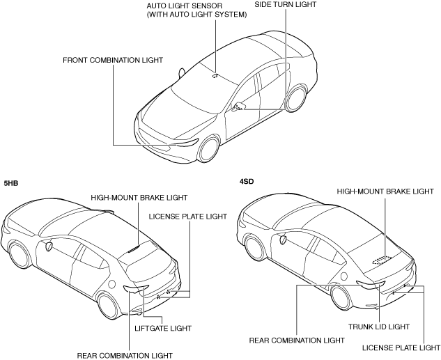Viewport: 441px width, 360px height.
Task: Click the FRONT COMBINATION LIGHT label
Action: coord(112,61)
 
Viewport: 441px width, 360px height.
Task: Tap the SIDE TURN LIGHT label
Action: coord(285,5)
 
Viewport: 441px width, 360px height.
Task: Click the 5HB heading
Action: coord(11,183)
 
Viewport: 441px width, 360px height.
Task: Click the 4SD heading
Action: coord(246,182)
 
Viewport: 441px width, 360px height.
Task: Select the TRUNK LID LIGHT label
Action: coord(378,326)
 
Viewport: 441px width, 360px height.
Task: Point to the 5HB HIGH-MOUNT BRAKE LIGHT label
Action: coord(139,198)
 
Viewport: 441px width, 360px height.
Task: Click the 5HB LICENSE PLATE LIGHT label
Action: coord(188,217)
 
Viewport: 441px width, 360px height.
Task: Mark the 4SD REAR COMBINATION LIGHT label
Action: coord(297,341)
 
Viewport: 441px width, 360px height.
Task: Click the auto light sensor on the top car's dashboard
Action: coord(215,75)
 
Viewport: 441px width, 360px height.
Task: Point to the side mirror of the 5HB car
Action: coord(49,246)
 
